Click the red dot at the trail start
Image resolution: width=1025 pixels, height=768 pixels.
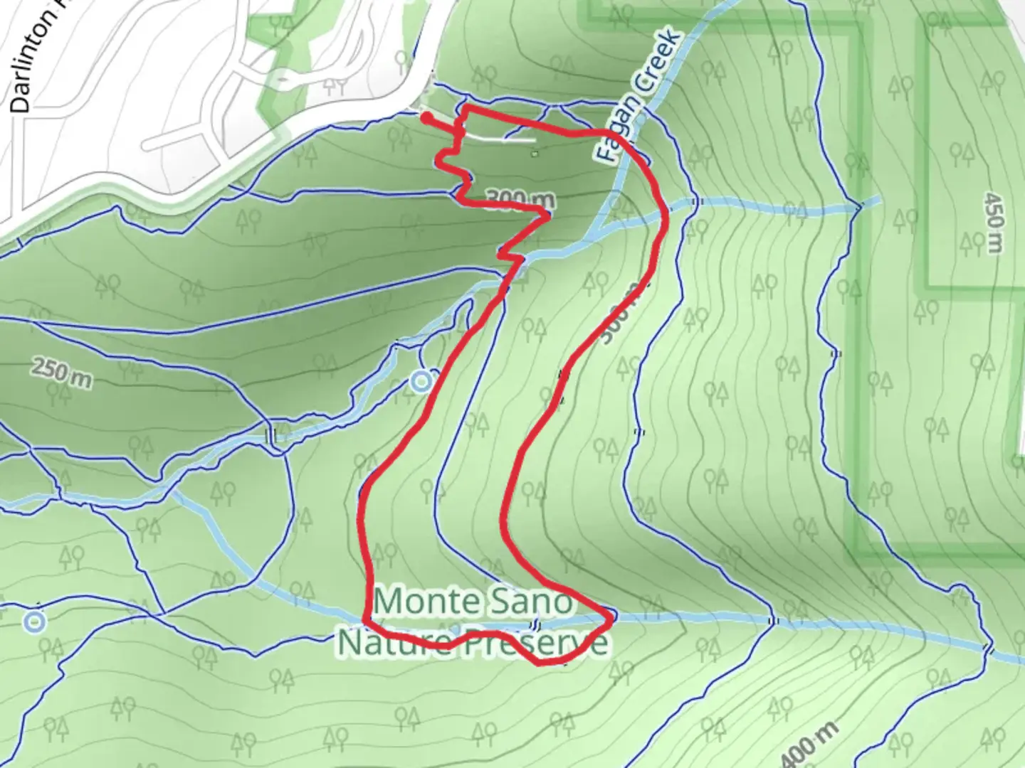coord(426,118)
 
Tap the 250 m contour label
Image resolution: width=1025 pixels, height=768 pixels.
coord(61,373)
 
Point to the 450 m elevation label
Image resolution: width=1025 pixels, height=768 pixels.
coord(994,221)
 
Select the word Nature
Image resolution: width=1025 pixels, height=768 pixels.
coord(394,641)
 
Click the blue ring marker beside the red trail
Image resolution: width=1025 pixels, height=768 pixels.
coord(421,383)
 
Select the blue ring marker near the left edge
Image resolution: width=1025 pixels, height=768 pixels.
coord(34,622)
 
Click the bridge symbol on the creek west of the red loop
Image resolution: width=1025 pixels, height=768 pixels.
coord(270,435)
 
